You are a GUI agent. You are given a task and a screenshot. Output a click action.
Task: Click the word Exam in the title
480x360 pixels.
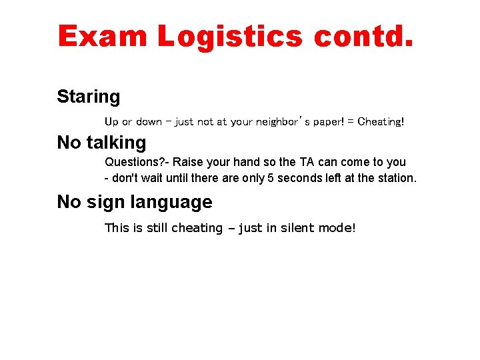[x=103, y=37]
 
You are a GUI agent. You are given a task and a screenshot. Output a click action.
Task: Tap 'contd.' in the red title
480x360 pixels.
[x=364, y=37]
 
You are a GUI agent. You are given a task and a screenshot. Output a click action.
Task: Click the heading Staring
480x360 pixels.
[x=89, y=97]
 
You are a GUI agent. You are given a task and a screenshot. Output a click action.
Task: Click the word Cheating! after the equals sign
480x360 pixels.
[x=381, y=121]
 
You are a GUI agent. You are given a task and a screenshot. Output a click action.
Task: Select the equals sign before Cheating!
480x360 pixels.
[x=351, y=121]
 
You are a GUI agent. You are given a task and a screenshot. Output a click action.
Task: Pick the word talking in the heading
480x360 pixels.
[x=116, y=143]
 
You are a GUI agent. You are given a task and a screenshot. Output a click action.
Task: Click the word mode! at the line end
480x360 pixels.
[x=337, y=228]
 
